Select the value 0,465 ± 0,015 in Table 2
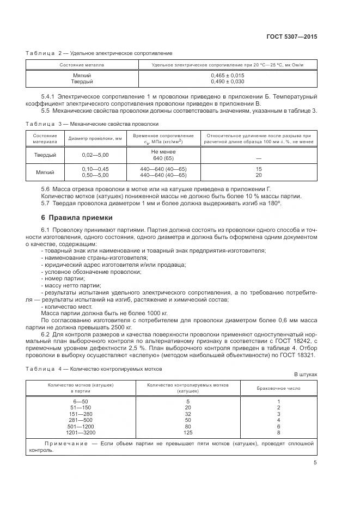[x=227, y=75]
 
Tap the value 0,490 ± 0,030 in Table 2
[x=227, y=82]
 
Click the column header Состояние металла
[x=82, y=65]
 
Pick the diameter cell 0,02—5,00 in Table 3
[x=95, y=155]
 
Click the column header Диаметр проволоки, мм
[x=95, y=138]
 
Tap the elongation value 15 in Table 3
[x=259, y=169]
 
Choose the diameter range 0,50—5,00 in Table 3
[x=95, y=175]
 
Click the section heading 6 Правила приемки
[x=77, y=218]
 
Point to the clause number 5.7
[x=46, y=203]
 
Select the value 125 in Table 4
[x=187, y=432]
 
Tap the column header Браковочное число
[x=278, y=388]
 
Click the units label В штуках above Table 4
[x=306, y=375]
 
